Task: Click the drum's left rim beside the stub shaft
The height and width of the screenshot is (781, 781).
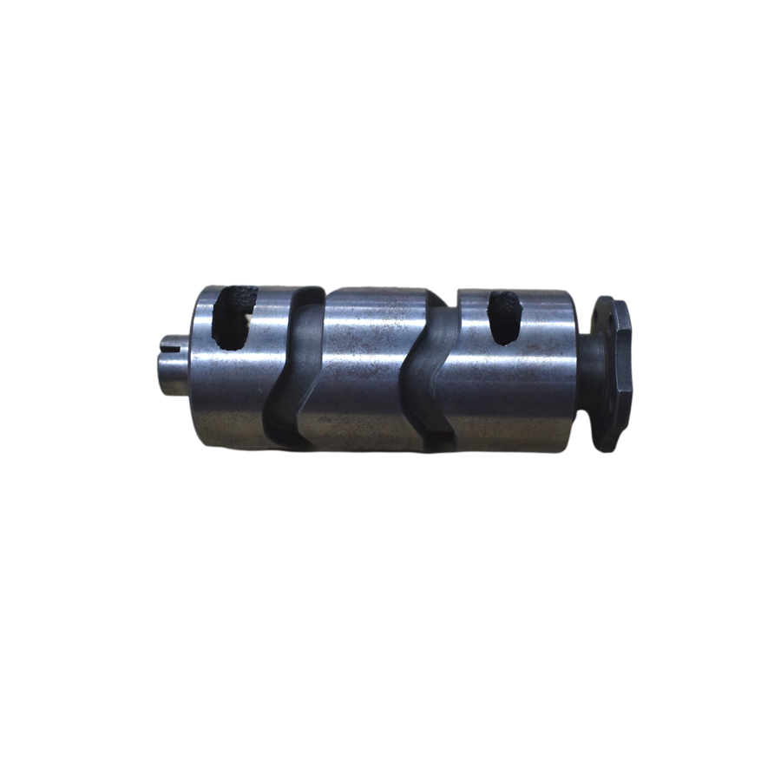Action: (x=194, y=364)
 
